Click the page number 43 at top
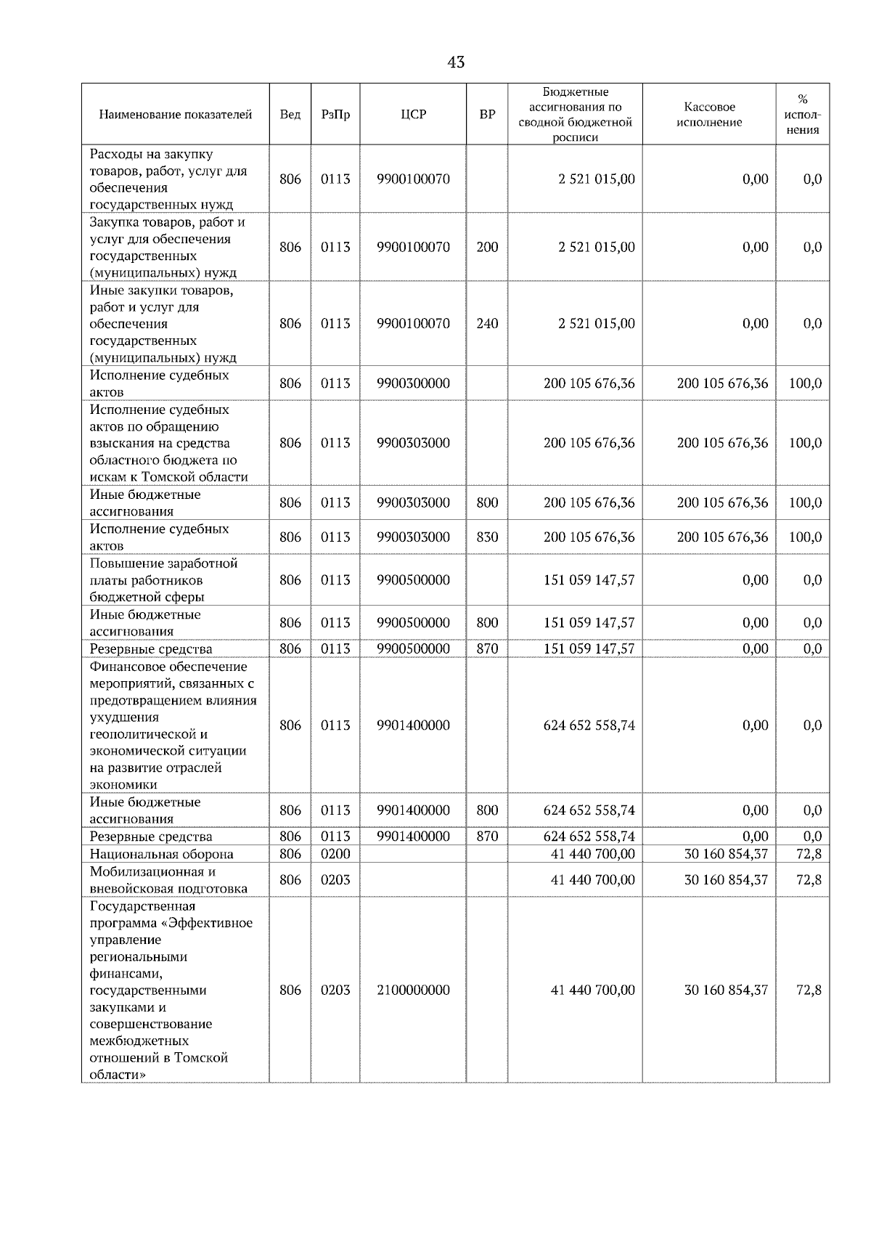point(456,62)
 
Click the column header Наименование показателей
point(175,115)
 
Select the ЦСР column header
point(413,115)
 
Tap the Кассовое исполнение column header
point(708,115)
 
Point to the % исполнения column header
point(802,115)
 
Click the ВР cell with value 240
point(487,323)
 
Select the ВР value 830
point(487,537)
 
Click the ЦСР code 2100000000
point(413,990)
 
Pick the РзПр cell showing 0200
point(335,854)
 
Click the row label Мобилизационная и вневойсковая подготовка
point(168,879)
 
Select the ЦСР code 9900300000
point(413,383)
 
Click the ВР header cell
point(487,115)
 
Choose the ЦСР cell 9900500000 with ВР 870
point(413,648)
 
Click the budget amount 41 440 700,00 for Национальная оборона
point(592,854)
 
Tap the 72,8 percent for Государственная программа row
point(809,990)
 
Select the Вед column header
point(290,115)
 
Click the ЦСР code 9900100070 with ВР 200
point(413,247)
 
